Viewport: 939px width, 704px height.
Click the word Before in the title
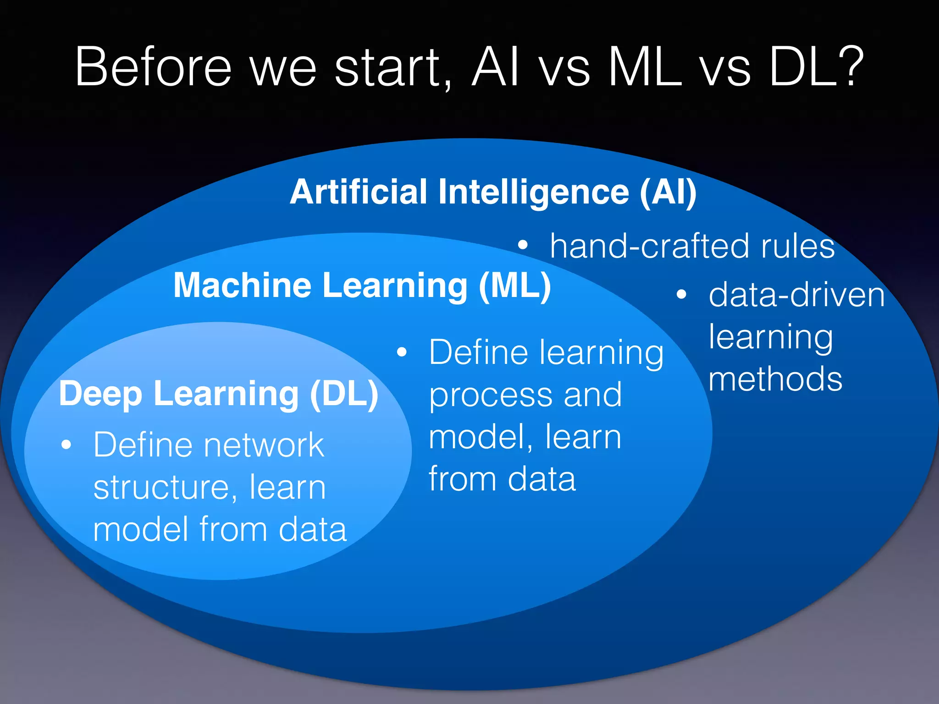[154, 67]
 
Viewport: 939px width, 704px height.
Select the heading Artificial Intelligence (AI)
[493, 192]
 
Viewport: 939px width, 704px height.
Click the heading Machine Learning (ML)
[362, 286]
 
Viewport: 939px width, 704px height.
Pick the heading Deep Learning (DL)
[219, 394]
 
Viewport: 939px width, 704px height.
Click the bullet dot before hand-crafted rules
[523, 245]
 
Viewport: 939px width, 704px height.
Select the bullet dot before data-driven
[682, 294]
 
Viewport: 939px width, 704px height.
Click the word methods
[775, 379]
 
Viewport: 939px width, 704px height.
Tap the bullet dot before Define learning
[402, 352]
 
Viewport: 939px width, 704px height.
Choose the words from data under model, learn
[502, 479]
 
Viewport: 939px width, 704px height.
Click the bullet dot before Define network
[66, 445]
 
